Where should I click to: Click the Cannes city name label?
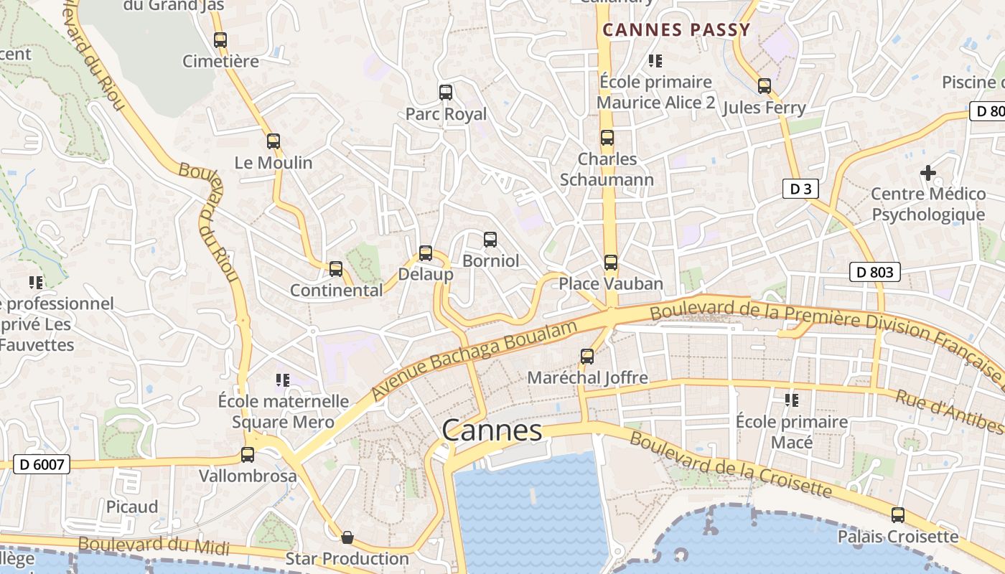[x=492, y=430]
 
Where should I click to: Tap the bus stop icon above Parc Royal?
[x=445, y=93]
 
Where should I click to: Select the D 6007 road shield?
[x=41, y=464]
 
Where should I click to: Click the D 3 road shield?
[x=800, y=189]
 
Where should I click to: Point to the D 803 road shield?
[x=874, y=272]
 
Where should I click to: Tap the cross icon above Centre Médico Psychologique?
[x=927, y=173]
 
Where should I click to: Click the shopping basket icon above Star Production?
[x=347, y=537]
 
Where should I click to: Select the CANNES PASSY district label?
[x=676, y=30]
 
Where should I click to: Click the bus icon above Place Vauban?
[x=610, y=263]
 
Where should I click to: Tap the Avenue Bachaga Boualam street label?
[x=475, y=362]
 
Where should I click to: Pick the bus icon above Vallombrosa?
[x=248, y=454]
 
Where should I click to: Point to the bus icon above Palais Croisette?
[x=897, y=514]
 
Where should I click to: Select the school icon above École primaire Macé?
[x=792, y=400]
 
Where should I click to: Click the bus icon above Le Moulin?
[x=273, y=141]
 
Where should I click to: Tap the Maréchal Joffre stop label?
[x=587, y=377]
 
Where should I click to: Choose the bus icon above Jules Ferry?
[x=764, y=86]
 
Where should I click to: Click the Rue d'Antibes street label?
[x=949, y=413]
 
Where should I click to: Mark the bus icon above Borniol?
[x=490, y=240]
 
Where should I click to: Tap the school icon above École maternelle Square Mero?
[x=282, y=380]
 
